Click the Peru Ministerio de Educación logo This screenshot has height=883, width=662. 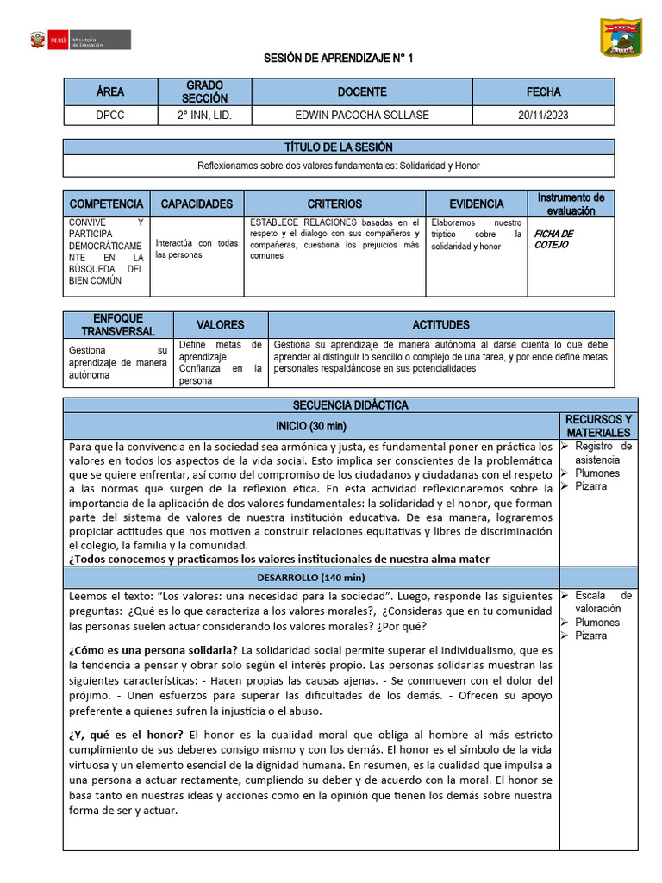click(x=79, y=41)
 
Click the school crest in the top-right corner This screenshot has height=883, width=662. click(x=621, y=38)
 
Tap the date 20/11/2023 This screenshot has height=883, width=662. click(x=543, y=116)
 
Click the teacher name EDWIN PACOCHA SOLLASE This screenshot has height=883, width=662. click(x=362, y=116)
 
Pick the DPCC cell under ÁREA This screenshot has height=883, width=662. click(x=109, y=116)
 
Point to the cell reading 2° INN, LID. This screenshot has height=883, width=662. click(x=204, y=116)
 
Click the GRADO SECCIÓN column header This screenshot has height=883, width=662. click(x=204, y=91)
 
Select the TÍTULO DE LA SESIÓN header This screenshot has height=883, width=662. click(x=338, y=147)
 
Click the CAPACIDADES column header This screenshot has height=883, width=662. click(x=197, y=204)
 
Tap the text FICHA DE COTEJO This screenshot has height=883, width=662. click(x=553, y=239)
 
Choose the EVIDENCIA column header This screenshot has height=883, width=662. click(x=476, y=204)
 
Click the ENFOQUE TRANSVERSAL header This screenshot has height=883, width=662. click(x=118, y=325)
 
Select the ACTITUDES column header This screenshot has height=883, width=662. click(x=440, y=325)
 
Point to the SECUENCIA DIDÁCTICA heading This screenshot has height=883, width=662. click(x=350, y=405)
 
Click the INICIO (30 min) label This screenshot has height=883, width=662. click(x=310, y=426)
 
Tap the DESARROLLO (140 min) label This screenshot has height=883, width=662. click(x=311, y=577)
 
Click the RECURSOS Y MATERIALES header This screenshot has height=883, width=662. click(x=598, y=425)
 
